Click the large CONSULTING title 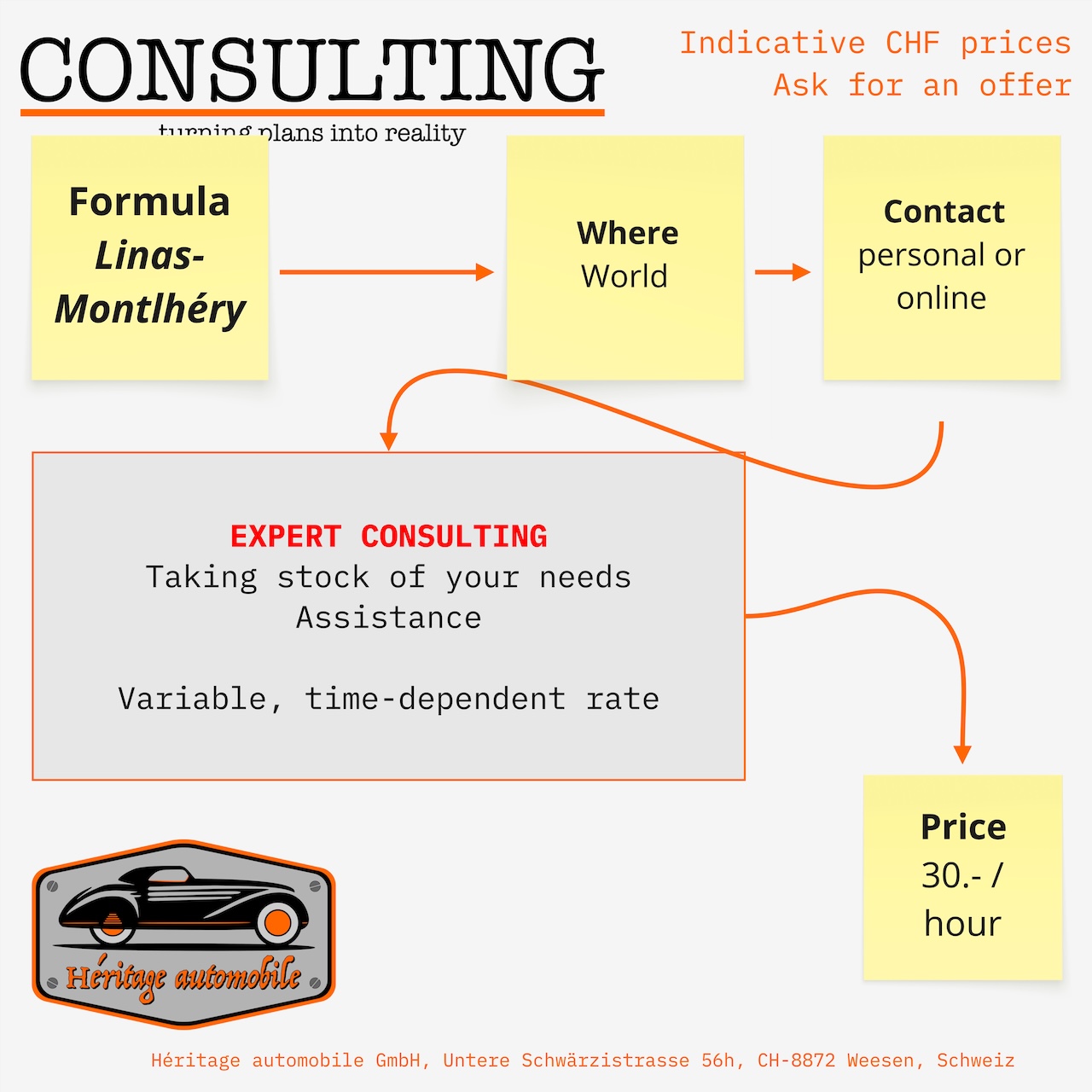pos(311,70)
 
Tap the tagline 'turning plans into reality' pos(311,133)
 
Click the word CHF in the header pos(912,43)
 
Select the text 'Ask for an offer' pos(921,85)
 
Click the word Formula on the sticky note pos(149,202)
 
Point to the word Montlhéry pos(150,309)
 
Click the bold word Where pos(627,233)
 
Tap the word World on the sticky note pos(624,276)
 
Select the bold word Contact pos(944,212)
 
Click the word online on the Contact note pos(941,298)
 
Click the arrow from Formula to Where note pos(386,272)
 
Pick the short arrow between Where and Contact pos(781,272)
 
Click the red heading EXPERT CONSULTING pos(388,536)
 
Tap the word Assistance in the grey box pos(388,618)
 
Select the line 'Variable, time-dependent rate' pos(388,699)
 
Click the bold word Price pos(963,827)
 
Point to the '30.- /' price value pos(961,875)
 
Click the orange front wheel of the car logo pos(278,922)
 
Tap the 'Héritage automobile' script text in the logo pos(183,978)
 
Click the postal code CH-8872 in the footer pos(796,1060)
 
